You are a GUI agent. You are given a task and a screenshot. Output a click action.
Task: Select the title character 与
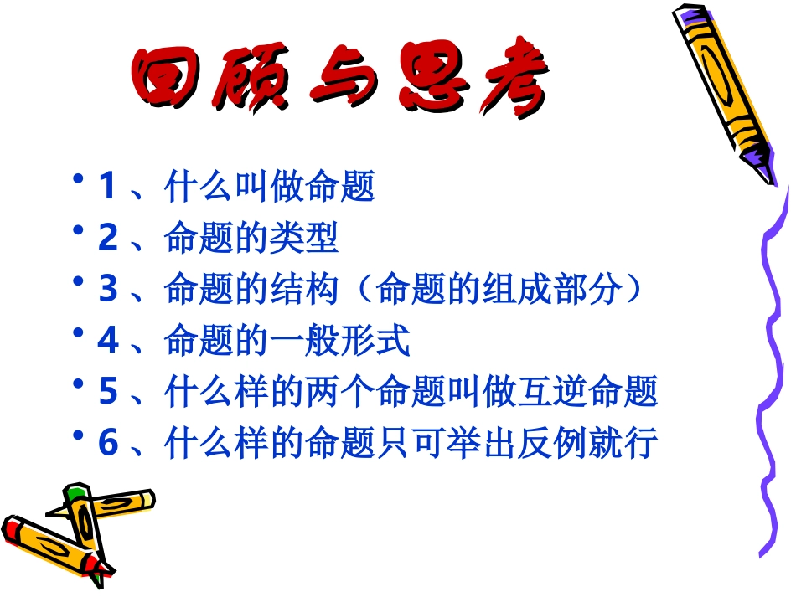[x=341, y=82]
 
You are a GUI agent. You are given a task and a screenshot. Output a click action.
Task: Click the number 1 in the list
[x=106, y=187]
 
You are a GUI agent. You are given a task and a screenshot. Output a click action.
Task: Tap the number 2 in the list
[x=106, y=239]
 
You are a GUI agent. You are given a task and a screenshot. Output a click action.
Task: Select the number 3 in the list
[x=106, y=290]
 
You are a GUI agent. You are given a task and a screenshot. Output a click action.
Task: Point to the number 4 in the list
[x=106, y=341]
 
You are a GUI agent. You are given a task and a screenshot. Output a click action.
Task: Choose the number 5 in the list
[x=106, y=392]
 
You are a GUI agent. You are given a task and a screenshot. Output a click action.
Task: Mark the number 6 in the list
[x=106, y=443]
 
